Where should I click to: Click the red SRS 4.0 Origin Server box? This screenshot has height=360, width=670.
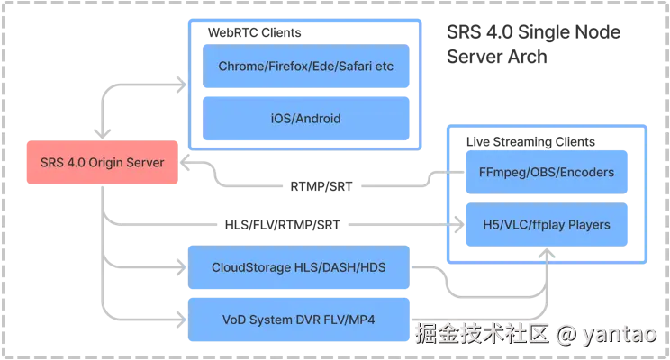tap(103, 163)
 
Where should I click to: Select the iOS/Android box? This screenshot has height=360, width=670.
tap(305, 118)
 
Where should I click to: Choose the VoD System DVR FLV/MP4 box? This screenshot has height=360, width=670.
tap(298, 319)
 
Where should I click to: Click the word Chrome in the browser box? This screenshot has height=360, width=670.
tap(238, 67)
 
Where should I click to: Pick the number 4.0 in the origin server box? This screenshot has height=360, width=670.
tap(78, 163)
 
